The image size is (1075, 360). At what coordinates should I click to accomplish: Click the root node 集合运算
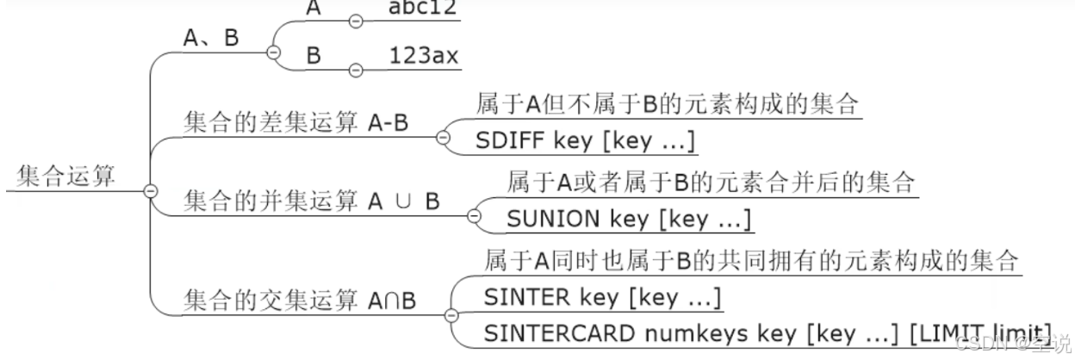[x=65, y=176]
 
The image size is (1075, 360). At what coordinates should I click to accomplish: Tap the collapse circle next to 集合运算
[x=150, y=190]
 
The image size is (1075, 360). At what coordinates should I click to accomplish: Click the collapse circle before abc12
[x=355, y=19]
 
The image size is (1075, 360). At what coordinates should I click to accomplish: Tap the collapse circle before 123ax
[x=355, y=68]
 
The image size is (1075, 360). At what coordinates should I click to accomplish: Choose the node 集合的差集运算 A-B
[x=295, y=123]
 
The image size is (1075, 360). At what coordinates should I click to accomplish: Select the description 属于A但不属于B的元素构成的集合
[x=667, y=105]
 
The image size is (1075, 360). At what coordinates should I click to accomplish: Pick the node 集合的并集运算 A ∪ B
[x=312, y=201]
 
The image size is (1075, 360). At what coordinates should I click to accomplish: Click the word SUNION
[x=554, y=219]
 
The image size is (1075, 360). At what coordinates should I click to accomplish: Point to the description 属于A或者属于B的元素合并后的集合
[x=710, y=183]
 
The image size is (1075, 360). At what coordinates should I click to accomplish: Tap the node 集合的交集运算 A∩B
[x=300, y=301]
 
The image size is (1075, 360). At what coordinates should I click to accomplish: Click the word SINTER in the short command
[x=527, y=297]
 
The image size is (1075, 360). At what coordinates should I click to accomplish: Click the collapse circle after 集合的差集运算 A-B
[x=443, y=137]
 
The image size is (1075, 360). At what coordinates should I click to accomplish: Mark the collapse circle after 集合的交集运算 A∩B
[x=450, y=314]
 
